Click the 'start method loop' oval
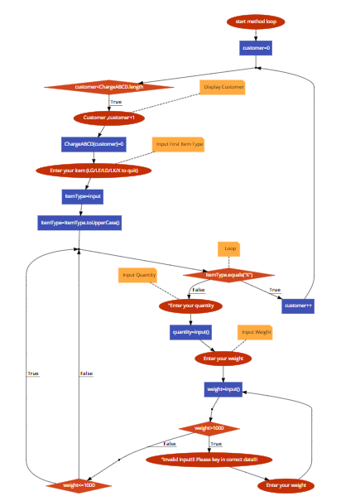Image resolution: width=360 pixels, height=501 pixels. tap(256, 22)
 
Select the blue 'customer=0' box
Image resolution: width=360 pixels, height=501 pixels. tap(256, 48)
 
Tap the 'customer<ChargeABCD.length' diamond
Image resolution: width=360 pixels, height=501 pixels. tap(108, 86)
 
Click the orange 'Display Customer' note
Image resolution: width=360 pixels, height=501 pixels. tap(223, 86)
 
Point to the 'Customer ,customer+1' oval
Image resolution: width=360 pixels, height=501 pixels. tap(109, 118)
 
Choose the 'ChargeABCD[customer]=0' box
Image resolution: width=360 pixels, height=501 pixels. tap(93, 144)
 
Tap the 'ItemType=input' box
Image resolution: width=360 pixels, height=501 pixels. tap(82, 196)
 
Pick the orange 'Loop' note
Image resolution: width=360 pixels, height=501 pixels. tap(229, 248)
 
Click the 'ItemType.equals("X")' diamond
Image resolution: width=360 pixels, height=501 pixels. tap(228, 275)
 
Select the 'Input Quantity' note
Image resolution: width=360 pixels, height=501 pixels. tap(140, 275)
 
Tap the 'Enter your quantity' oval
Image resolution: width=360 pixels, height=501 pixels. tap(191, 306)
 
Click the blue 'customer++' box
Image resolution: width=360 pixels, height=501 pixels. tap(298, 306)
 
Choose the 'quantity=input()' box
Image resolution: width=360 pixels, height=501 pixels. tap(191, 332)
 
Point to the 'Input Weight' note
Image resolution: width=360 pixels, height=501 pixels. tap(256, 332)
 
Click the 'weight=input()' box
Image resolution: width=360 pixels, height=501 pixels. tap(223, 388)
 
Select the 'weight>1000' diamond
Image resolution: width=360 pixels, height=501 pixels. tap(209, 428)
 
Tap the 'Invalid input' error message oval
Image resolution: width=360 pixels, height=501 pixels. tap(209, 459)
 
